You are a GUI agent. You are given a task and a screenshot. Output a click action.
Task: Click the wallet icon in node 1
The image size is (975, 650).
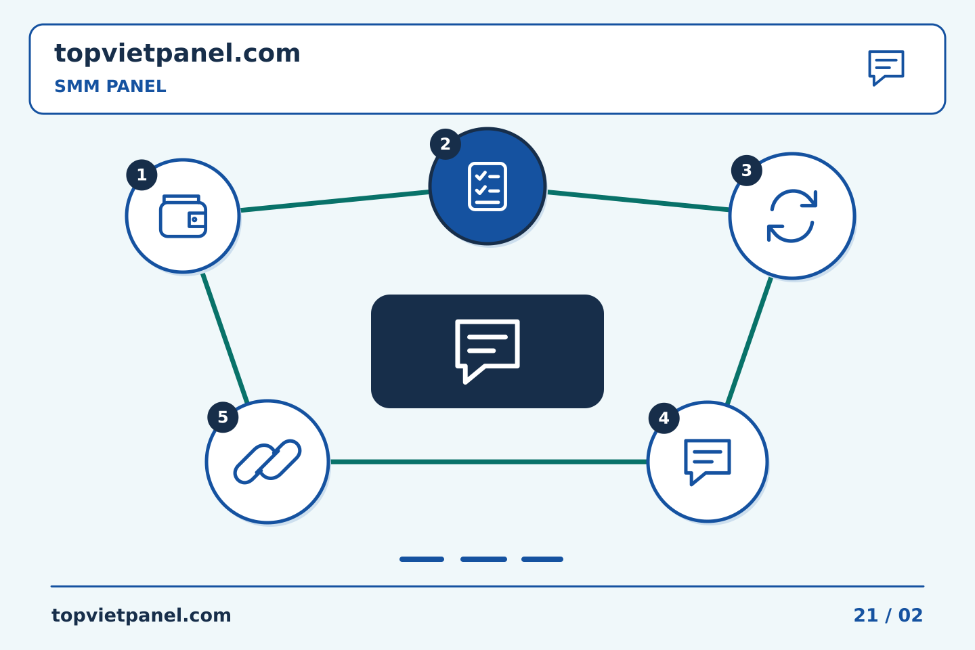coord(183,216)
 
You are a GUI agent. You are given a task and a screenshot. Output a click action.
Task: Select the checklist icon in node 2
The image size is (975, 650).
coord(487,186)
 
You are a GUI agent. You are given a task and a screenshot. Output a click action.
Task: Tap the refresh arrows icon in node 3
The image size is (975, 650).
coord(792,215)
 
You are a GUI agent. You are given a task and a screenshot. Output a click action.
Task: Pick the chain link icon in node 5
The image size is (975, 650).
coord(267,462)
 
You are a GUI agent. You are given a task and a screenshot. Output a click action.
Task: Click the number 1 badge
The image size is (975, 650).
coord(142,175)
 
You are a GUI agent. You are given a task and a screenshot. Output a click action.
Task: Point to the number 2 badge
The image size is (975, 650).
coord(446,144)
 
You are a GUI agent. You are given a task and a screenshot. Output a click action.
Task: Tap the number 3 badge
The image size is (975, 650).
coord(746,170)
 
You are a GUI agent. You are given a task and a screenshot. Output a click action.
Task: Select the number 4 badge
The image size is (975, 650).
coord(664,418)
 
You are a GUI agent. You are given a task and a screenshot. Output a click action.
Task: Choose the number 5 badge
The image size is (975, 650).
coord(223,417)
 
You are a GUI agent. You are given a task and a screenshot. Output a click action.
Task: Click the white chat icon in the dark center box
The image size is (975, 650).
coord(487,351)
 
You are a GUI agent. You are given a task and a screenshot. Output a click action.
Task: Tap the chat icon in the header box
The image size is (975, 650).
coord(886,68)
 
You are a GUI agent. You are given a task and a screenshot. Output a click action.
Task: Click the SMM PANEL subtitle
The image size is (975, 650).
coord(110,86)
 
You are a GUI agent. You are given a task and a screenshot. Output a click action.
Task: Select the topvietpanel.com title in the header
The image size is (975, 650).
coord(177,54)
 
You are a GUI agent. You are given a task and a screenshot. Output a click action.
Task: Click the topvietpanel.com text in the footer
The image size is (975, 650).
coord(141,615)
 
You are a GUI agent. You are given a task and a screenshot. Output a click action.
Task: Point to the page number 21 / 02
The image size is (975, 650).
coord(888,615)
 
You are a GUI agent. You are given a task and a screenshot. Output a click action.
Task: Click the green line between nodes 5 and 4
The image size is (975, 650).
coord(488,462)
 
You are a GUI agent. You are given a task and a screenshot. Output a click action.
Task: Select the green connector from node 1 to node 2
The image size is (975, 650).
coord(334,201)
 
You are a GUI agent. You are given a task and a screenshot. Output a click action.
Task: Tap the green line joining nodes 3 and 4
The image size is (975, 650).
coord(749,341)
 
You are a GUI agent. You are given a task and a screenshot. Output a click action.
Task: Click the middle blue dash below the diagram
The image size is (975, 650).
coord(483,559)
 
